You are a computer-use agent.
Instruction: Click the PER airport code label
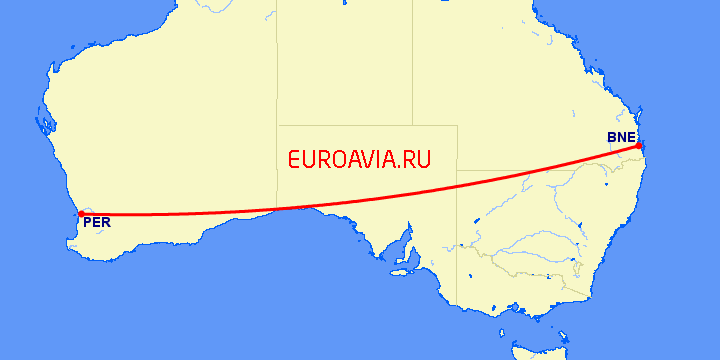coord(97,223)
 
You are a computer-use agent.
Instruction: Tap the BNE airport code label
coord(620,137)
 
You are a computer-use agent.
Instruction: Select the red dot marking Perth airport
coord(81,214)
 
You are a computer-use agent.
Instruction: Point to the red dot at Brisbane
coord(638,146)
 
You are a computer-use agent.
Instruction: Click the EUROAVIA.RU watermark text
coord(358,159)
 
